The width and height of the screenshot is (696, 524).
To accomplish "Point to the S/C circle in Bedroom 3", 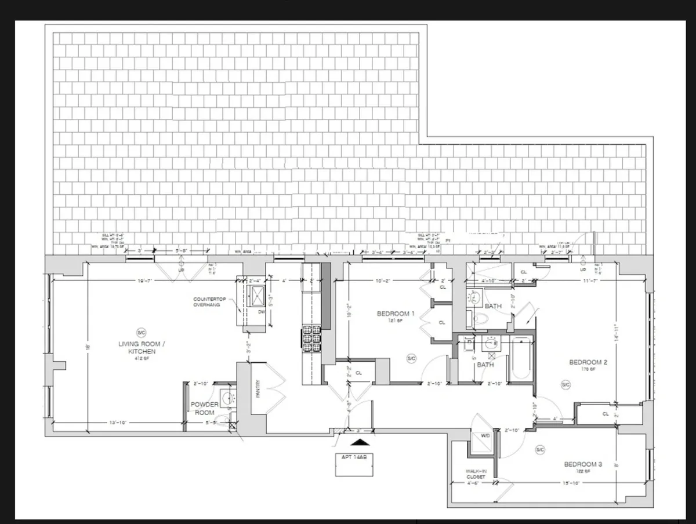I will (540, 450).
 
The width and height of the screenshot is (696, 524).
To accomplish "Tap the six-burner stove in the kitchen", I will (311, 339).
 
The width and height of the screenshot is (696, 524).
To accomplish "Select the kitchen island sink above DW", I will (256, 297).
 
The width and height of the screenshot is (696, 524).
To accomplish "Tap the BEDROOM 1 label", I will (396, 314).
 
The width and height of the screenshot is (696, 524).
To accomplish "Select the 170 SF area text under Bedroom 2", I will (587, 369).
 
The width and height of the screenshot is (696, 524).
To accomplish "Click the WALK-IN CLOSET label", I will (479, 474).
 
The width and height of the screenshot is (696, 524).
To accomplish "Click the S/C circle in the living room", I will (141, 332).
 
